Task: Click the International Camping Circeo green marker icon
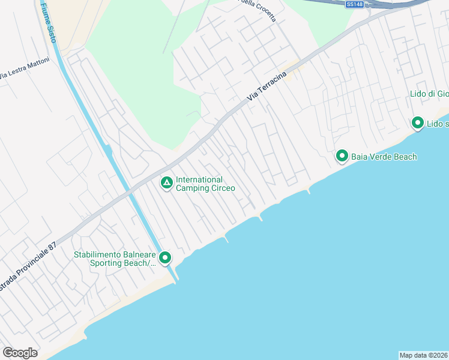(167, 182)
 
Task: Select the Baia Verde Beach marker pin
(342, 156)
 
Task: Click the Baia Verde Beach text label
(384, 157)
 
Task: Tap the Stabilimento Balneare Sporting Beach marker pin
(165, 258)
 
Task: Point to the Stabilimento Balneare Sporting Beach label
(114, 259)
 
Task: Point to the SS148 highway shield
(355, 4)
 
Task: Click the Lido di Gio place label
(429, 94)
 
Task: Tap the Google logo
(20, 353)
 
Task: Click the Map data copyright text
(424, 355)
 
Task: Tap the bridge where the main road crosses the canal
(128, 191)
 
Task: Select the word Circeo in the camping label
(223, 188)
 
